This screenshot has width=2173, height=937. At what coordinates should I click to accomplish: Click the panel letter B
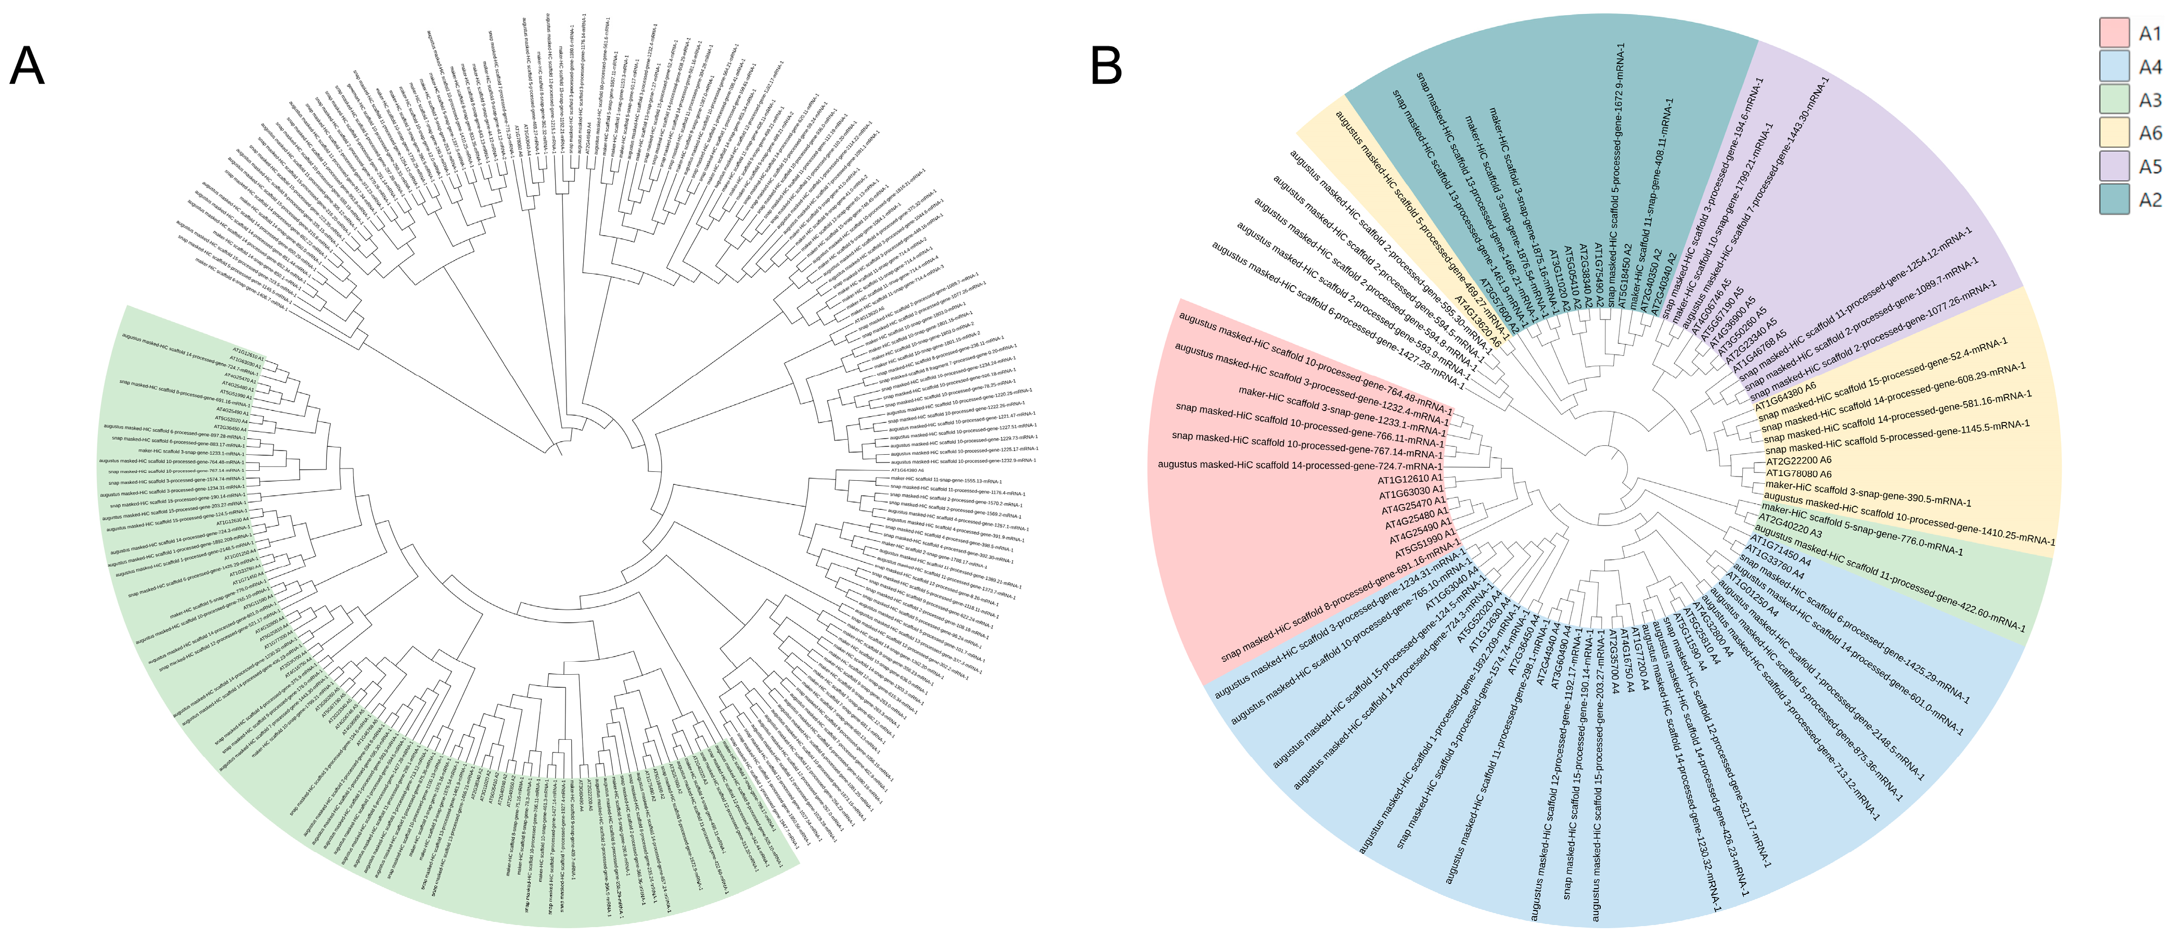tap(1106, 65)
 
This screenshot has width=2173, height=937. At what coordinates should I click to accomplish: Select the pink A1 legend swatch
tap(2114, 33)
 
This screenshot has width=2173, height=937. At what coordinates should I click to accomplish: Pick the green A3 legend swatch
tap(2114, 99)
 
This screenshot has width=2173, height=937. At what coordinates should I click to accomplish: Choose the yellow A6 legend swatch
tap(2114, 133)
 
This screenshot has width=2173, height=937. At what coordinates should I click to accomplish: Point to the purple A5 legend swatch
tap(2114, 166)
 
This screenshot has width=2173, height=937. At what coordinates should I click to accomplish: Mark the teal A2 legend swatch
tap(2114, 199)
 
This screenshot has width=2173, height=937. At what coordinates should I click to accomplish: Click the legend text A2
tap(2150, 200)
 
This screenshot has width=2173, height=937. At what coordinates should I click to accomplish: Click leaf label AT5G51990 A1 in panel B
tap(1425, 546)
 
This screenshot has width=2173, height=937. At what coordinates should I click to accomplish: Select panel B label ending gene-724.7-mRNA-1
tap(1300, 465)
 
